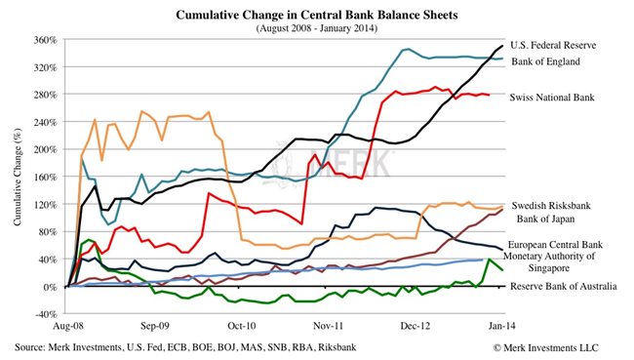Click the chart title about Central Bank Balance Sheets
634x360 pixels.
[x=316, y=16]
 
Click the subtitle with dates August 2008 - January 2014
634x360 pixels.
[x=316, y=29]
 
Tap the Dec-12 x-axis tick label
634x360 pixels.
[x=416, y=329]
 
